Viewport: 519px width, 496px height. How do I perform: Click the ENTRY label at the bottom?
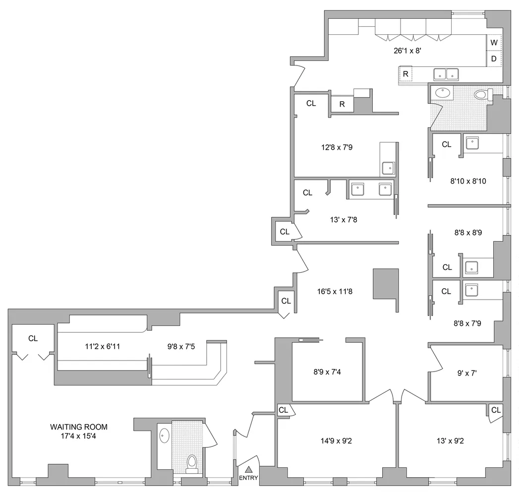click(248, 478)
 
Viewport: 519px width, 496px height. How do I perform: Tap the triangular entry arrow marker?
click(249, 469)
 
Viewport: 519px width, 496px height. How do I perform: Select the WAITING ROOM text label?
click(78, 427)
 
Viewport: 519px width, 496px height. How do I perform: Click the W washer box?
click(494, 43)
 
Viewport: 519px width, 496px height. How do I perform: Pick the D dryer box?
click(494, 59)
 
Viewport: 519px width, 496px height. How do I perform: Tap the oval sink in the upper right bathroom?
click(441, 92)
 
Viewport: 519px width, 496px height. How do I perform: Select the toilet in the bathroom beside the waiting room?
click(192, 462)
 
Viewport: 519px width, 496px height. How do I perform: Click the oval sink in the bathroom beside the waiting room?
click(164, 436)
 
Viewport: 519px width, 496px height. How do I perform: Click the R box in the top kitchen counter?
click(405, 74)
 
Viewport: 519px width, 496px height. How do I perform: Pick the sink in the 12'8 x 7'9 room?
click(388, 169)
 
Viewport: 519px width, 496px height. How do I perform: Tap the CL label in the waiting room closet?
click(33, 339)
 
